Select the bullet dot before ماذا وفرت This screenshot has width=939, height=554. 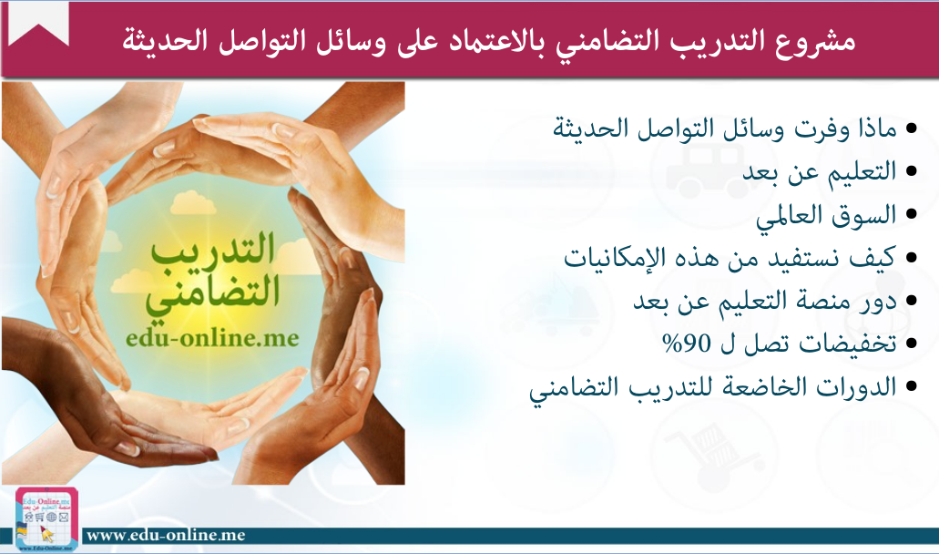912,128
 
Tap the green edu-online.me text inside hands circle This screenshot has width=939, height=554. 212,338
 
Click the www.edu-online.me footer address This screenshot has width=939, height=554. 166,535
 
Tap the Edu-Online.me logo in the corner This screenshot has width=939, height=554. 46,518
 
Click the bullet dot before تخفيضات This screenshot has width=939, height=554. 912,344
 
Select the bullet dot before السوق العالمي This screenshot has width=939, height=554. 912,214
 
